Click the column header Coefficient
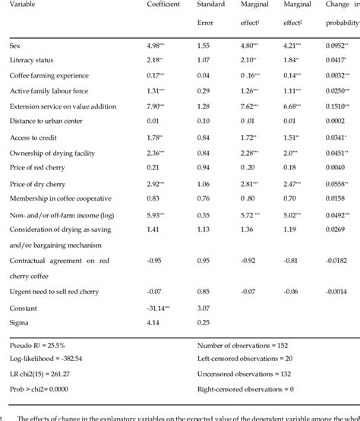(x=163, y=5)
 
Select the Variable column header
(x=24, y=5)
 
